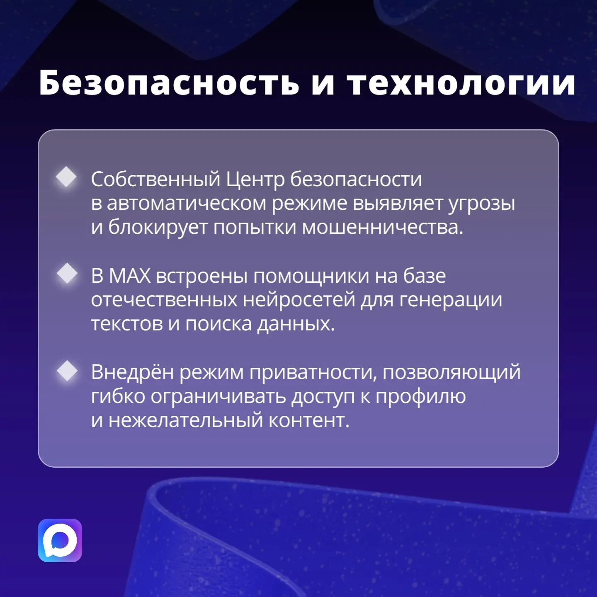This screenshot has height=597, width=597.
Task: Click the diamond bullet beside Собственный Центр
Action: click(66, 177)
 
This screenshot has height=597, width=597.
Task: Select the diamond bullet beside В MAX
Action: click(67, 274)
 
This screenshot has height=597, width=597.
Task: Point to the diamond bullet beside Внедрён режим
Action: click(67, 370)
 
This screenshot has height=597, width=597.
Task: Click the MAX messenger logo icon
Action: click(60, 540)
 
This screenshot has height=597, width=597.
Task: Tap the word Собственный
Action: click(155, 180)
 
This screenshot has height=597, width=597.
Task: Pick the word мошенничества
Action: click(382, 228)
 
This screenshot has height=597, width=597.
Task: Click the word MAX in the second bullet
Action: click(130, 276)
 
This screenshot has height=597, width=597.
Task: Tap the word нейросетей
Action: click(298, 299)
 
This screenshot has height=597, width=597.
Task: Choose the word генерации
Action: click(451, 300)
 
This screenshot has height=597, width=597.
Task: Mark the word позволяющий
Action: click(452, 372)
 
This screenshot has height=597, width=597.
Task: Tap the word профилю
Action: click(421, 397)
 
